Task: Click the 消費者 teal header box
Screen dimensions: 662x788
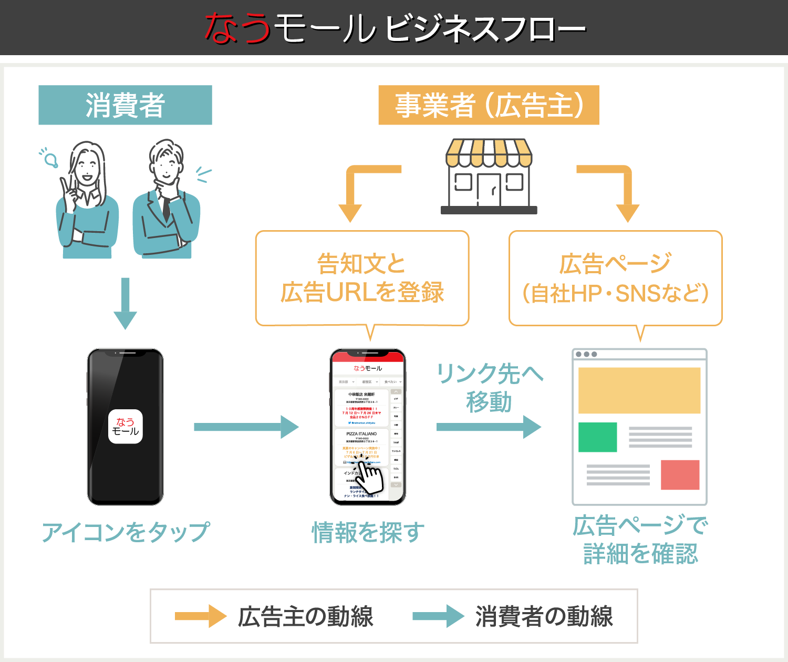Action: coord(125,105)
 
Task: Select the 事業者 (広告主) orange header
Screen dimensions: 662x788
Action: coord(489,105)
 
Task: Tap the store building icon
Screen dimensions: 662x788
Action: coord(489,177)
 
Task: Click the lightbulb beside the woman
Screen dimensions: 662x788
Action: coord(51,159)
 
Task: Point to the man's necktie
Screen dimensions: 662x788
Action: coord(166,208)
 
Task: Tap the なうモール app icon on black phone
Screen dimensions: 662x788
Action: coord(125,426)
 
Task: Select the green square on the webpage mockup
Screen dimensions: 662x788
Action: coord(597,437)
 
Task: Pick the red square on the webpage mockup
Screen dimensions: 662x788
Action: coord(680,474)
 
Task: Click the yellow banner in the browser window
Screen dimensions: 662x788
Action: coord(639,390)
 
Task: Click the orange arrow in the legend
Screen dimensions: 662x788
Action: coord(200,616)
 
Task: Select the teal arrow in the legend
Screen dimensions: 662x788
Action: coord(438,616)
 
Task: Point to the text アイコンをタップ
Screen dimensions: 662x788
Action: coord(125,532)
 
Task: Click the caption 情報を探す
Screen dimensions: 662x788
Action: coord(368,532)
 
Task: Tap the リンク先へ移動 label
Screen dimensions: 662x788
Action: coord(489,388)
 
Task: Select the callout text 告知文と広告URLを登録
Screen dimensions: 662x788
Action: coord(362,278)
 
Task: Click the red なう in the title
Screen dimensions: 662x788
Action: coord(237,28)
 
